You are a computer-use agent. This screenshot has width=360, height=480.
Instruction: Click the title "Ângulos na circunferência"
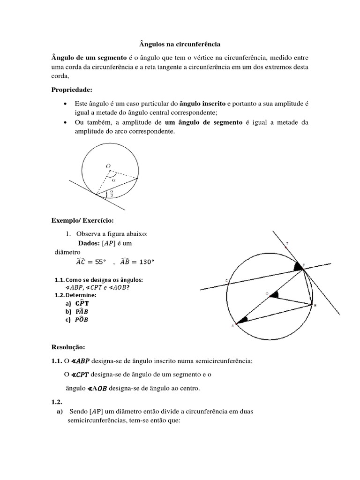[x=180, y=44]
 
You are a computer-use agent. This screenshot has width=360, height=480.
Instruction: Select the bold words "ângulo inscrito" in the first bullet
[x=202, y=103]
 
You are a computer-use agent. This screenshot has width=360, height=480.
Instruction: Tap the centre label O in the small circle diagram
[x=108, y=166]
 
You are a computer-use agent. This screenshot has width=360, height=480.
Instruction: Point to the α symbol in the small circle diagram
[x=113, y=179]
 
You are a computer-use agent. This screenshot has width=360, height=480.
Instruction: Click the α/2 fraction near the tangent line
[x=111, y=194]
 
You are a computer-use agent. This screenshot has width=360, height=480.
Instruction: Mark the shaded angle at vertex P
[x=297, y=267]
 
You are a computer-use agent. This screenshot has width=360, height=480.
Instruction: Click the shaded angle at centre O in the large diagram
[x=275, y=295]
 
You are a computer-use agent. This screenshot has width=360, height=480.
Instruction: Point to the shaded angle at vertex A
[x=242, y=320]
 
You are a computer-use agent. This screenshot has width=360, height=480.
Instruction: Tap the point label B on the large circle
[x=315, y=306]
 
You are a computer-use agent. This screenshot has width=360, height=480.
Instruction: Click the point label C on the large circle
[x=227, y=281]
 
